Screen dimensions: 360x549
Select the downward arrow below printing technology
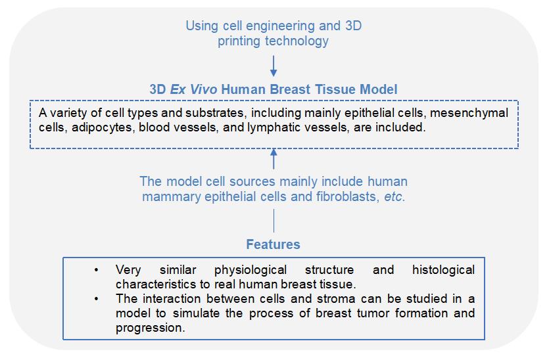[x=274, y=65]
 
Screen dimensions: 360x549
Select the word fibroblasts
[x=346, y=196]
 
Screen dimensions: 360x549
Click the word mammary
[x=173, y=196]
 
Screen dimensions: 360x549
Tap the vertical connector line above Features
[x=274, y=222]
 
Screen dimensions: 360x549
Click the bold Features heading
[x=274, y=244]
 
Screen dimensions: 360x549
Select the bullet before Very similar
[x=97, y=270]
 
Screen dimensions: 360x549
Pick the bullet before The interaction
[x=97, y=299]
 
